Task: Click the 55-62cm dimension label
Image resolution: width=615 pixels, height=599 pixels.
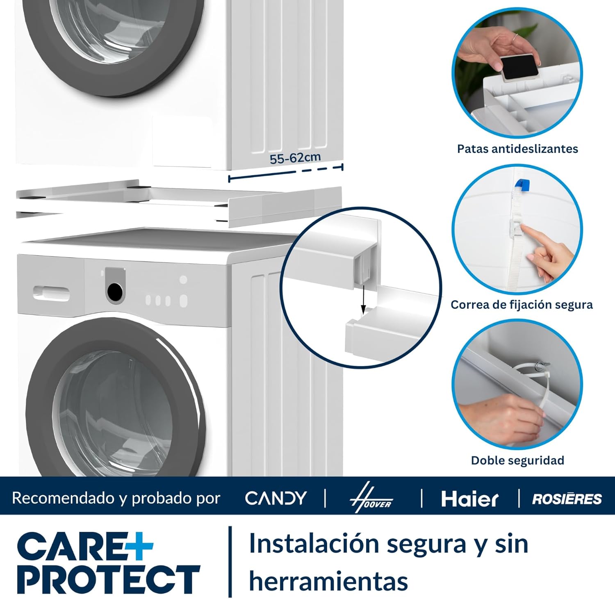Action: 295,157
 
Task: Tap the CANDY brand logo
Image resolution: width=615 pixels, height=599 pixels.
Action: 276,498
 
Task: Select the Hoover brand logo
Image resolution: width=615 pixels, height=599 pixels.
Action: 371,498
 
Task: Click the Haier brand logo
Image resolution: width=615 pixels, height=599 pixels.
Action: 470,499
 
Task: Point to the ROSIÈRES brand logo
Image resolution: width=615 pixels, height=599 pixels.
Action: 567,499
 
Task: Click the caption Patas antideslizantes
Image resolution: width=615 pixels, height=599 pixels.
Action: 517,148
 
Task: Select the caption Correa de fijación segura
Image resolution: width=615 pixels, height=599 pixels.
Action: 522,305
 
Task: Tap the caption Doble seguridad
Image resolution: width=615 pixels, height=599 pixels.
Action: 517,460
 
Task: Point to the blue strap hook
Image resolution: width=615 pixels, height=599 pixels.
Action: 522,185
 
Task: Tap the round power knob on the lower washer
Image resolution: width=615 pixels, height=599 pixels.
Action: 115,291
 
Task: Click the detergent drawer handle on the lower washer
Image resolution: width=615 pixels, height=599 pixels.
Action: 51,293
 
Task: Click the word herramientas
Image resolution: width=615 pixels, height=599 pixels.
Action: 328,581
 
